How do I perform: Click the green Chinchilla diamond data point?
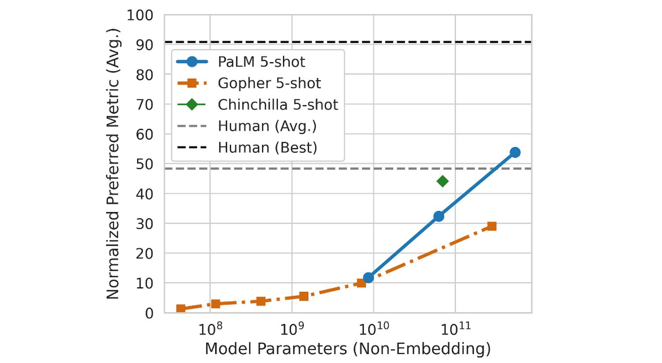[442, 181]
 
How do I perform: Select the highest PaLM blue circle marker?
[515, 152]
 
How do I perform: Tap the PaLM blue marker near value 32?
[439, 216]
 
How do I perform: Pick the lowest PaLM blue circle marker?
[368, 277]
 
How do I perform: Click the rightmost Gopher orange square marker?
[492, 226]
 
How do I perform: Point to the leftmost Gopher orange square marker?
[181, 308]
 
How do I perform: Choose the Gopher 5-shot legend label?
[269, 83]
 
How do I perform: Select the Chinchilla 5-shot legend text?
[278, 105]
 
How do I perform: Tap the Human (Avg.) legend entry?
[267, 126]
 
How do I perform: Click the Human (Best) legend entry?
[267, 147]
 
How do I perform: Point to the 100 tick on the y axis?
[140, 15]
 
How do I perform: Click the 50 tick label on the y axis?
[144, 164]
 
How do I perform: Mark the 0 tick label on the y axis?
[149, 313]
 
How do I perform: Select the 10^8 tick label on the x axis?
[210, 329]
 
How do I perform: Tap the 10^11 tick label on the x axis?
[456, 329]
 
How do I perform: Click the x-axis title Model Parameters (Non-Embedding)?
[348, 349]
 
